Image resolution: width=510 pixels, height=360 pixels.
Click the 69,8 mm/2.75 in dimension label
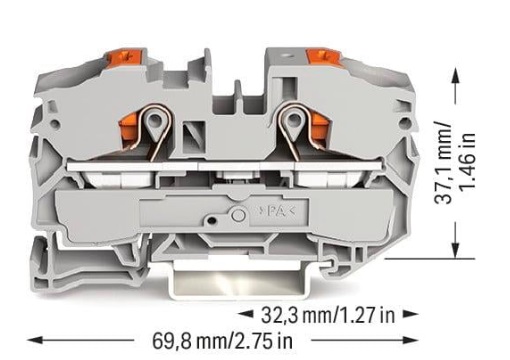(x=222, y=341)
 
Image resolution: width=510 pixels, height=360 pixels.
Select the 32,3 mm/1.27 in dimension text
(x=328, y=315)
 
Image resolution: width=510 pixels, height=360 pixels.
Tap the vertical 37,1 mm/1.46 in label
(x=455, y=164)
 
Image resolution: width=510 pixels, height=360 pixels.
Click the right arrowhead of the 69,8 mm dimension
(x=411, y=340)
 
